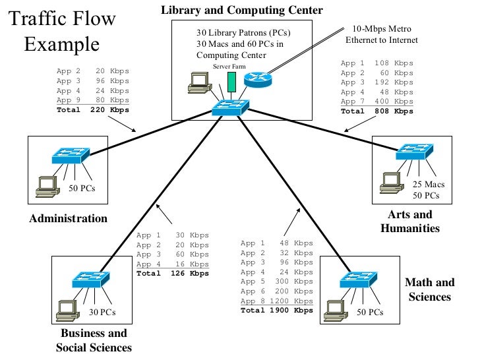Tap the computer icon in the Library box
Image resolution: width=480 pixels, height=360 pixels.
(x=198, y=83)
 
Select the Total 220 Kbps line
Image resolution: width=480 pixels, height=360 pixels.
(x=92, y=110)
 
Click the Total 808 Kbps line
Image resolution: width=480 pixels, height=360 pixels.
(x=376, y=111)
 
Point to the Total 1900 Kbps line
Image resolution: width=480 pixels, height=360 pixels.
(x=276, y=310)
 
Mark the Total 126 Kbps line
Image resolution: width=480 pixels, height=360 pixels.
(x=172, y=273)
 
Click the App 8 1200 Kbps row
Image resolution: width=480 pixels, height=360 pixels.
(x=276, y=301)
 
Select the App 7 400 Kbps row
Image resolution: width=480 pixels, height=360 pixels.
(x=376, y=102)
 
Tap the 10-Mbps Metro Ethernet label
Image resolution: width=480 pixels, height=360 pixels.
(x=382, y=35)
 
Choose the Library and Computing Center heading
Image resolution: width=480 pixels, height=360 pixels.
(x=242, y=10)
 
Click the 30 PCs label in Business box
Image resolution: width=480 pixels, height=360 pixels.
(x=102, y=313)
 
